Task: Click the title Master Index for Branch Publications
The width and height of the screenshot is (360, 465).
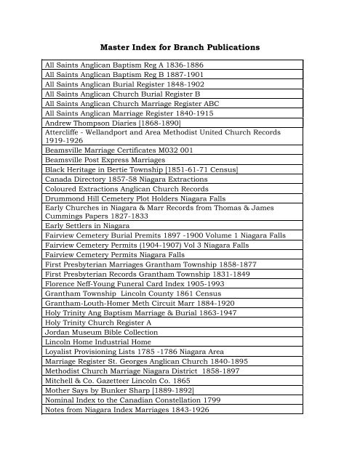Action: tap(180, 47)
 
